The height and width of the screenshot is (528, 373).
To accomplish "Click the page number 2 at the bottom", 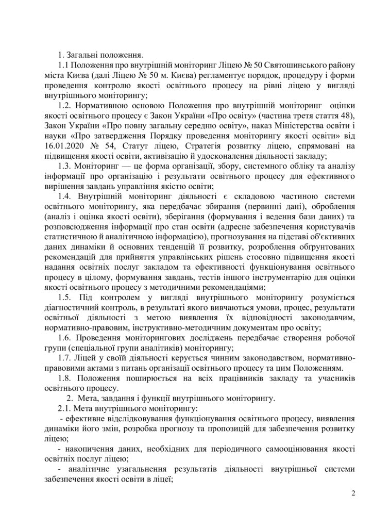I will (x=353, y=493).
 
